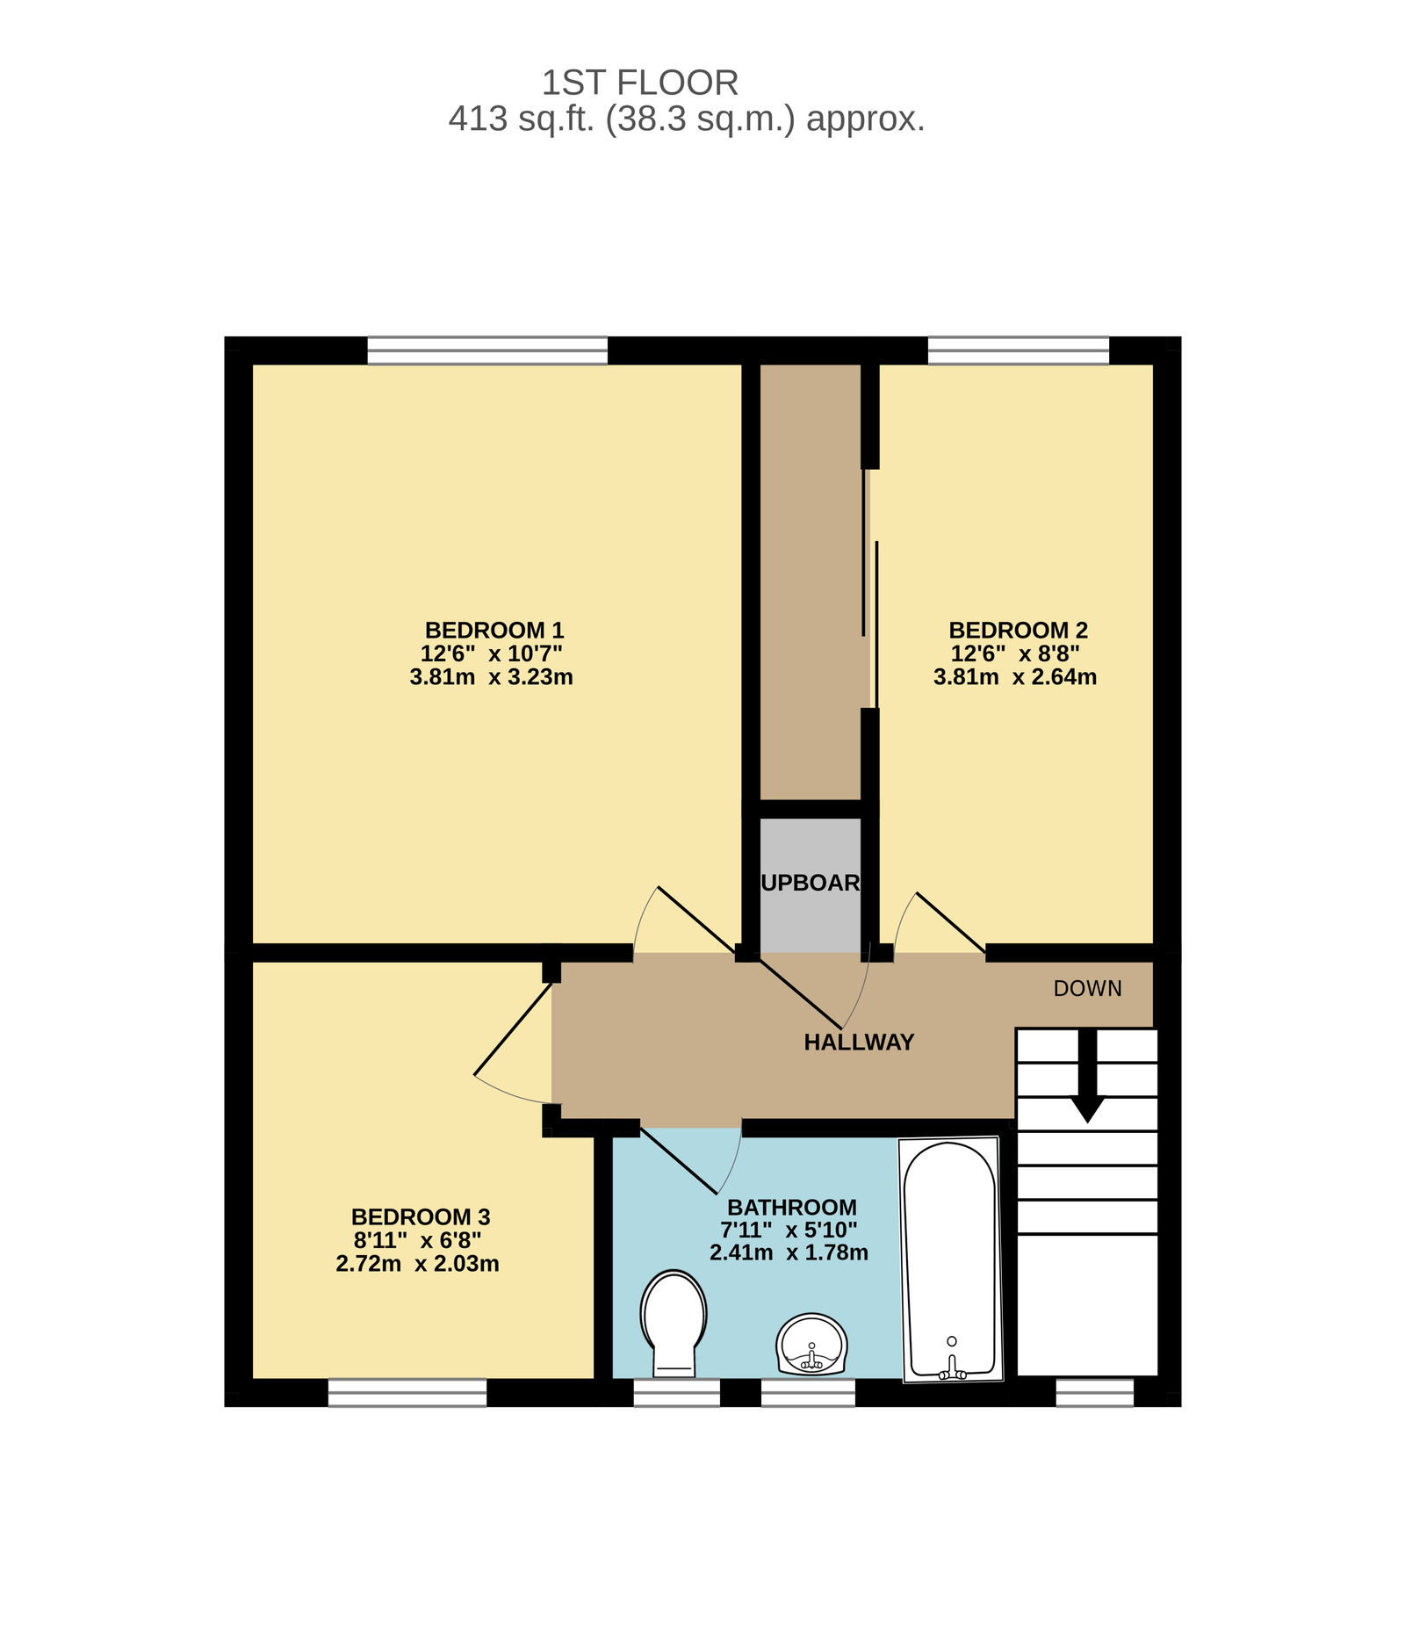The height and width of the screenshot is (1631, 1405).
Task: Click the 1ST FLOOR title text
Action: pyautogui.click(x=639, y=83)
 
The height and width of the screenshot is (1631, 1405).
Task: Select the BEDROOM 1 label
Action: pyautogui.click(x=494, y=630)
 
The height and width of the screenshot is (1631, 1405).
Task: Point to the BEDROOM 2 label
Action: pyautogui.click(x=1018, y=630)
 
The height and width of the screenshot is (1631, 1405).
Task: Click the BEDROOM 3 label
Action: pyautogui.click(x=421, y=1216)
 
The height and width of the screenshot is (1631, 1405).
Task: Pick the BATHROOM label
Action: pyautogui.click(x=791, y=1207)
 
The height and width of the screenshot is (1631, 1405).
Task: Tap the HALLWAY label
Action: pyautogui.click(x=859, y=1042)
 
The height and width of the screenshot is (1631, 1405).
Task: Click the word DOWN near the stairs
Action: pyautogui.click(x=1087, y=988)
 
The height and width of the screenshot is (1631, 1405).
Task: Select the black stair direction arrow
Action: pyautogui.click(x=1087, y=1075)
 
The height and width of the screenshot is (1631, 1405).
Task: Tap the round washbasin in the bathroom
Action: pyautogui.click(x=811, y=1344)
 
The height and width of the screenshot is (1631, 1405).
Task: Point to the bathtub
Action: pyautogui.click(x=950, y=1259)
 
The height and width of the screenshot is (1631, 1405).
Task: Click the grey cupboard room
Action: pyautogui.click(x=810, y=884)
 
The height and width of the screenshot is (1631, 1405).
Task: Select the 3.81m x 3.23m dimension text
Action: pyautogui.click(x=491, y=677)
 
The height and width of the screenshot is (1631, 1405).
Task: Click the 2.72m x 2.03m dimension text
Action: pyautogui.click(x=417, y=1264)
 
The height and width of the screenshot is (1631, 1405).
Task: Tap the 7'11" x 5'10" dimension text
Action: pyautogui.click(x=789, y=1230)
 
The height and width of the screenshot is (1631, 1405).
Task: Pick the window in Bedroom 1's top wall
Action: pyautogui.click(x=487, y=350)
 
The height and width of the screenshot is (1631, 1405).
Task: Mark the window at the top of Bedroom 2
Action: pyautogui.click(x=1019, y=350)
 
